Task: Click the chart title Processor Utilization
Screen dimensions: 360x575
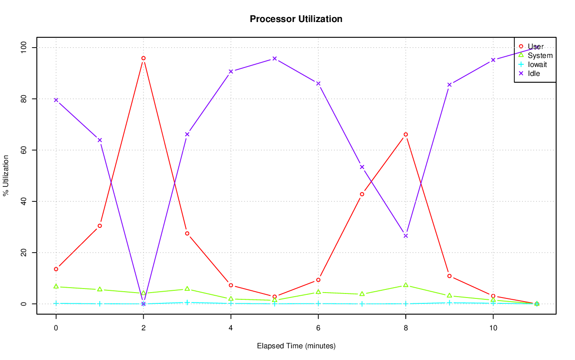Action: (x=296, y=19)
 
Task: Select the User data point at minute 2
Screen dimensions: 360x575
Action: (x=143, y=58)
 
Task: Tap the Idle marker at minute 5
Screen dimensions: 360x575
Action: (x=274, y=58)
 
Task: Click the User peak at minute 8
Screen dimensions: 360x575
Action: (x=406, y=134)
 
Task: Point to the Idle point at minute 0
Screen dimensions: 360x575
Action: (x=56, y=100)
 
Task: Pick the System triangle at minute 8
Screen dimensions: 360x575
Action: (x=406, y=285)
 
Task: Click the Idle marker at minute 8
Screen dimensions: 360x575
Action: (x=406, y=236)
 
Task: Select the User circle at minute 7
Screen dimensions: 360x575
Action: (x=362, y=194)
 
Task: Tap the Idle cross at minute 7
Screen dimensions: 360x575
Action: (x=362, y=167)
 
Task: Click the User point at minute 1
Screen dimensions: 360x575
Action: (x=100, y=226)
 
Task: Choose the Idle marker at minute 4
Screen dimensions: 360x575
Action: (x=231, y=71)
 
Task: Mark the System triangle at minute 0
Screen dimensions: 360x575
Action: (x=56, y=286)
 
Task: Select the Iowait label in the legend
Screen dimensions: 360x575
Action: (x=537, y=64)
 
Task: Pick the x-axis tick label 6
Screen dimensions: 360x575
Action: (x=318, y=328)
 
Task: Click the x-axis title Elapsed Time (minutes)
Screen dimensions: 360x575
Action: (x=296, y=346)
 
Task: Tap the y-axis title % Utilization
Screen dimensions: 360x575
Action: (x=6, y=176)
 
